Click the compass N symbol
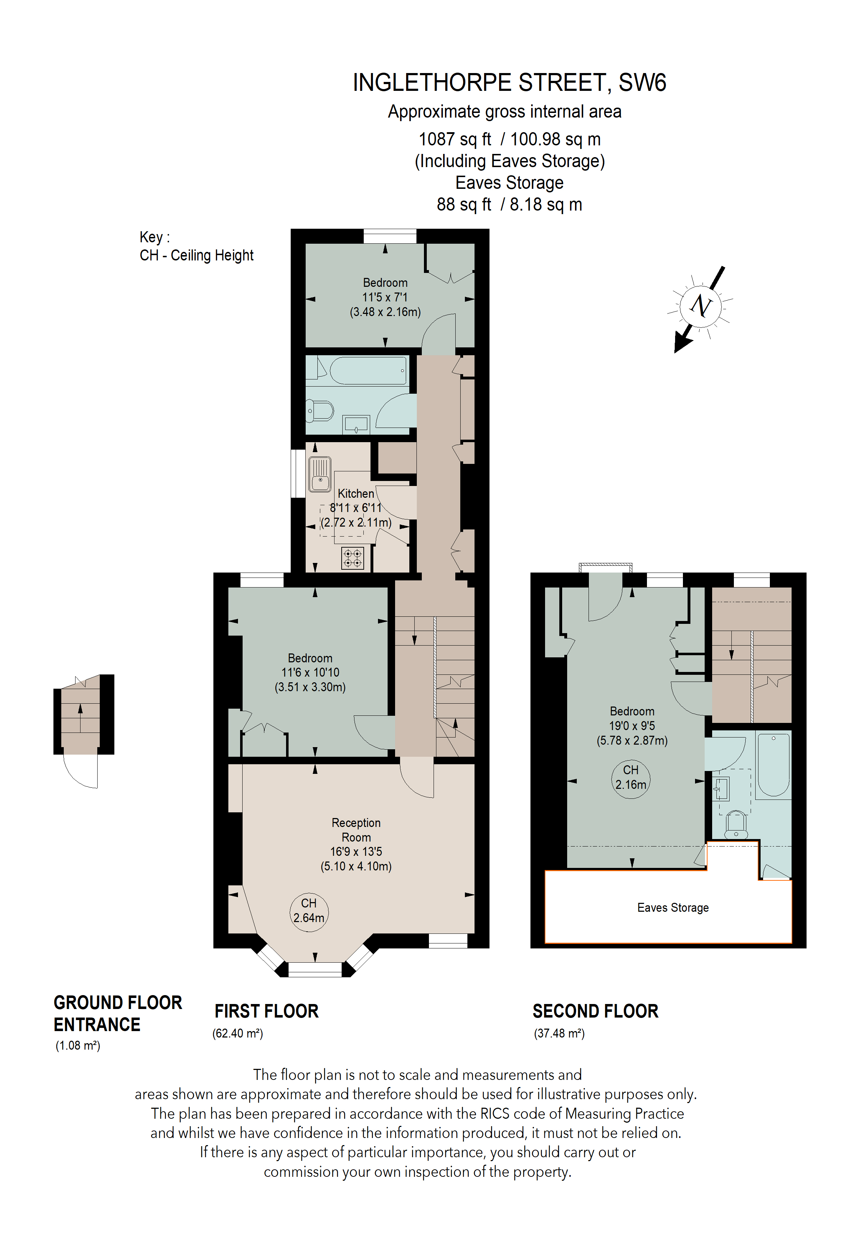click(700, 306)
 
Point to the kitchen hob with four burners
click(352, 558)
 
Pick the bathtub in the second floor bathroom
click(773, 765)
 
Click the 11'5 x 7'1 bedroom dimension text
click(385, 297)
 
